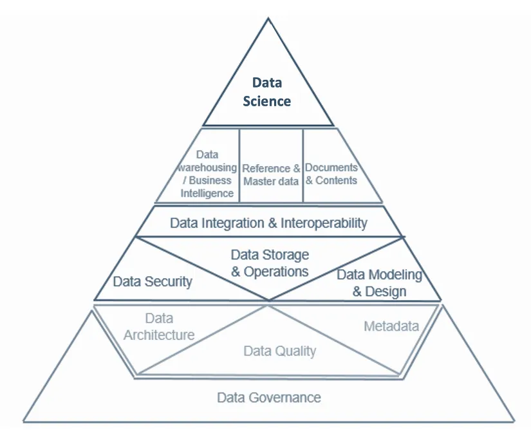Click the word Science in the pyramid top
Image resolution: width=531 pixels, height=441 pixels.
(x=267, y=101)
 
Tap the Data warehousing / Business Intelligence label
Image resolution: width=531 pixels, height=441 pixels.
(x=207, y=174)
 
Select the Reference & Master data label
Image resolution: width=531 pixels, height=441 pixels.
(x=271, y=175)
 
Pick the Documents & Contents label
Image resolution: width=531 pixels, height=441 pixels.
(x=331, y=174)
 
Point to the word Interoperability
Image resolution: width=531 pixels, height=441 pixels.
(x=324, y=223)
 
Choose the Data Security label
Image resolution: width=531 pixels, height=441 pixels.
(x=153, y=281)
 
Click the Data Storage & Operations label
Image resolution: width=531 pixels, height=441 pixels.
(x=270, y=263)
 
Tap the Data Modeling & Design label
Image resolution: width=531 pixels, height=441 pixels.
(x=380, y=283)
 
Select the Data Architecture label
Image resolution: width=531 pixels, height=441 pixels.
(x=159, y=326)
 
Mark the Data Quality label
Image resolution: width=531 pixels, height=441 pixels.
(x=279, y=351)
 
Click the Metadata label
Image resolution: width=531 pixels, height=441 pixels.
(x=391, y=326)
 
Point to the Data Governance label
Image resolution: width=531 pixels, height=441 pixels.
(x=268, y=397)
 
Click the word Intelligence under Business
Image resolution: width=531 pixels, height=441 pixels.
(x=207, y=193)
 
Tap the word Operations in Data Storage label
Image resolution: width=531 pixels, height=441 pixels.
(x=277, y=272)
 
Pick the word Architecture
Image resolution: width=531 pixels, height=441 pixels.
(x=159, y=335)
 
